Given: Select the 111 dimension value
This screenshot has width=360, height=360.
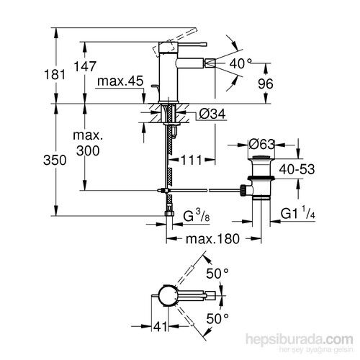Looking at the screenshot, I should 191,159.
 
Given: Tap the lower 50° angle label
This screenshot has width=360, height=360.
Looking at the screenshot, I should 216,317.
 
